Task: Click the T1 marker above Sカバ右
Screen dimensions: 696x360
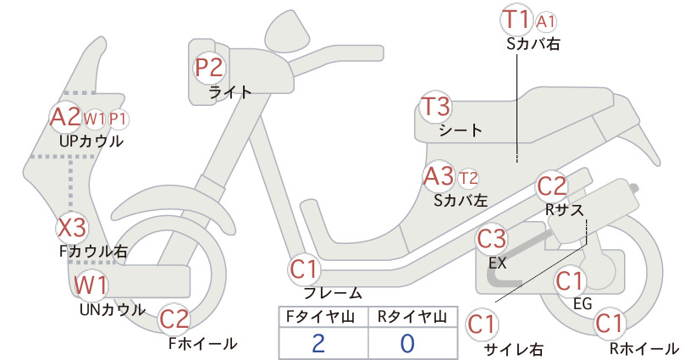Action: click(516, 20)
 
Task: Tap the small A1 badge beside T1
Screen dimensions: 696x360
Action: click(545, 22)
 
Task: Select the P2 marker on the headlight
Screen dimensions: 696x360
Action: click(209, 68)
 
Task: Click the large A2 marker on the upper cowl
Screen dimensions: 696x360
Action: click(66, 117)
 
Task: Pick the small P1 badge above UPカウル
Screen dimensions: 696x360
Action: click(118, 119)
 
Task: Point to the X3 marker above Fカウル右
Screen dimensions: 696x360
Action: click(72, 228)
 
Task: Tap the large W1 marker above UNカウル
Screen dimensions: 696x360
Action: click(90, 285)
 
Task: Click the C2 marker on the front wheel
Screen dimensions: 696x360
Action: click(174, 319)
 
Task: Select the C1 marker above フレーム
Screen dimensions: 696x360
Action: click(305, 269)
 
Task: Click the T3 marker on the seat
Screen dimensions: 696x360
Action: click(435, 107)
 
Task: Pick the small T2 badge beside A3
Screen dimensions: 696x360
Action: click(469, 179)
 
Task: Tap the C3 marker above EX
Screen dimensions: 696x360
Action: click(491, 239)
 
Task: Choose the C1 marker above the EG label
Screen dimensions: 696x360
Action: click(570, 281)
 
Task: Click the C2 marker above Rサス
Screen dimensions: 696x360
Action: click(552, 187)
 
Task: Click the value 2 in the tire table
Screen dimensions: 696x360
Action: click(318, 344)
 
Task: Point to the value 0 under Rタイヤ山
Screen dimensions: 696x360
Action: click(407, 344)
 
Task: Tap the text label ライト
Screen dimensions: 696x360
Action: click(230, 92)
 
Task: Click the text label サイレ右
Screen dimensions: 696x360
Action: click(514, 350)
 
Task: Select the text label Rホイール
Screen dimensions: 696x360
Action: click(644, 348)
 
